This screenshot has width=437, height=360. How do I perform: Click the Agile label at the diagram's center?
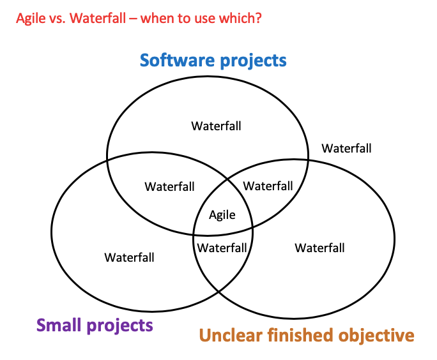[x=222, y=215]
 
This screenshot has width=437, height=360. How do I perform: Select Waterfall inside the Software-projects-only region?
[x=216, y=126]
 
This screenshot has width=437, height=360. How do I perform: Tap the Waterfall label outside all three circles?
[x=346, y=148]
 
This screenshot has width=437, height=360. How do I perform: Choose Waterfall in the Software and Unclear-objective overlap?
[x=268, y=186]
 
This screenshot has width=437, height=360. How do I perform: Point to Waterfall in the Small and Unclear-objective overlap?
[x=222, y=247]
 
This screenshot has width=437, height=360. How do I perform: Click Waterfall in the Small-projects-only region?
[x=130, y=257]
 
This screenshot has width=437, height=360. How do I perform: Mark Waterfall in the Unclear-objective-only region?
[x=319, y=248]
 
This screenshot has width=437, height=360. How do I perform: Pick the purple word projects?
[x=121, y=326]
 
